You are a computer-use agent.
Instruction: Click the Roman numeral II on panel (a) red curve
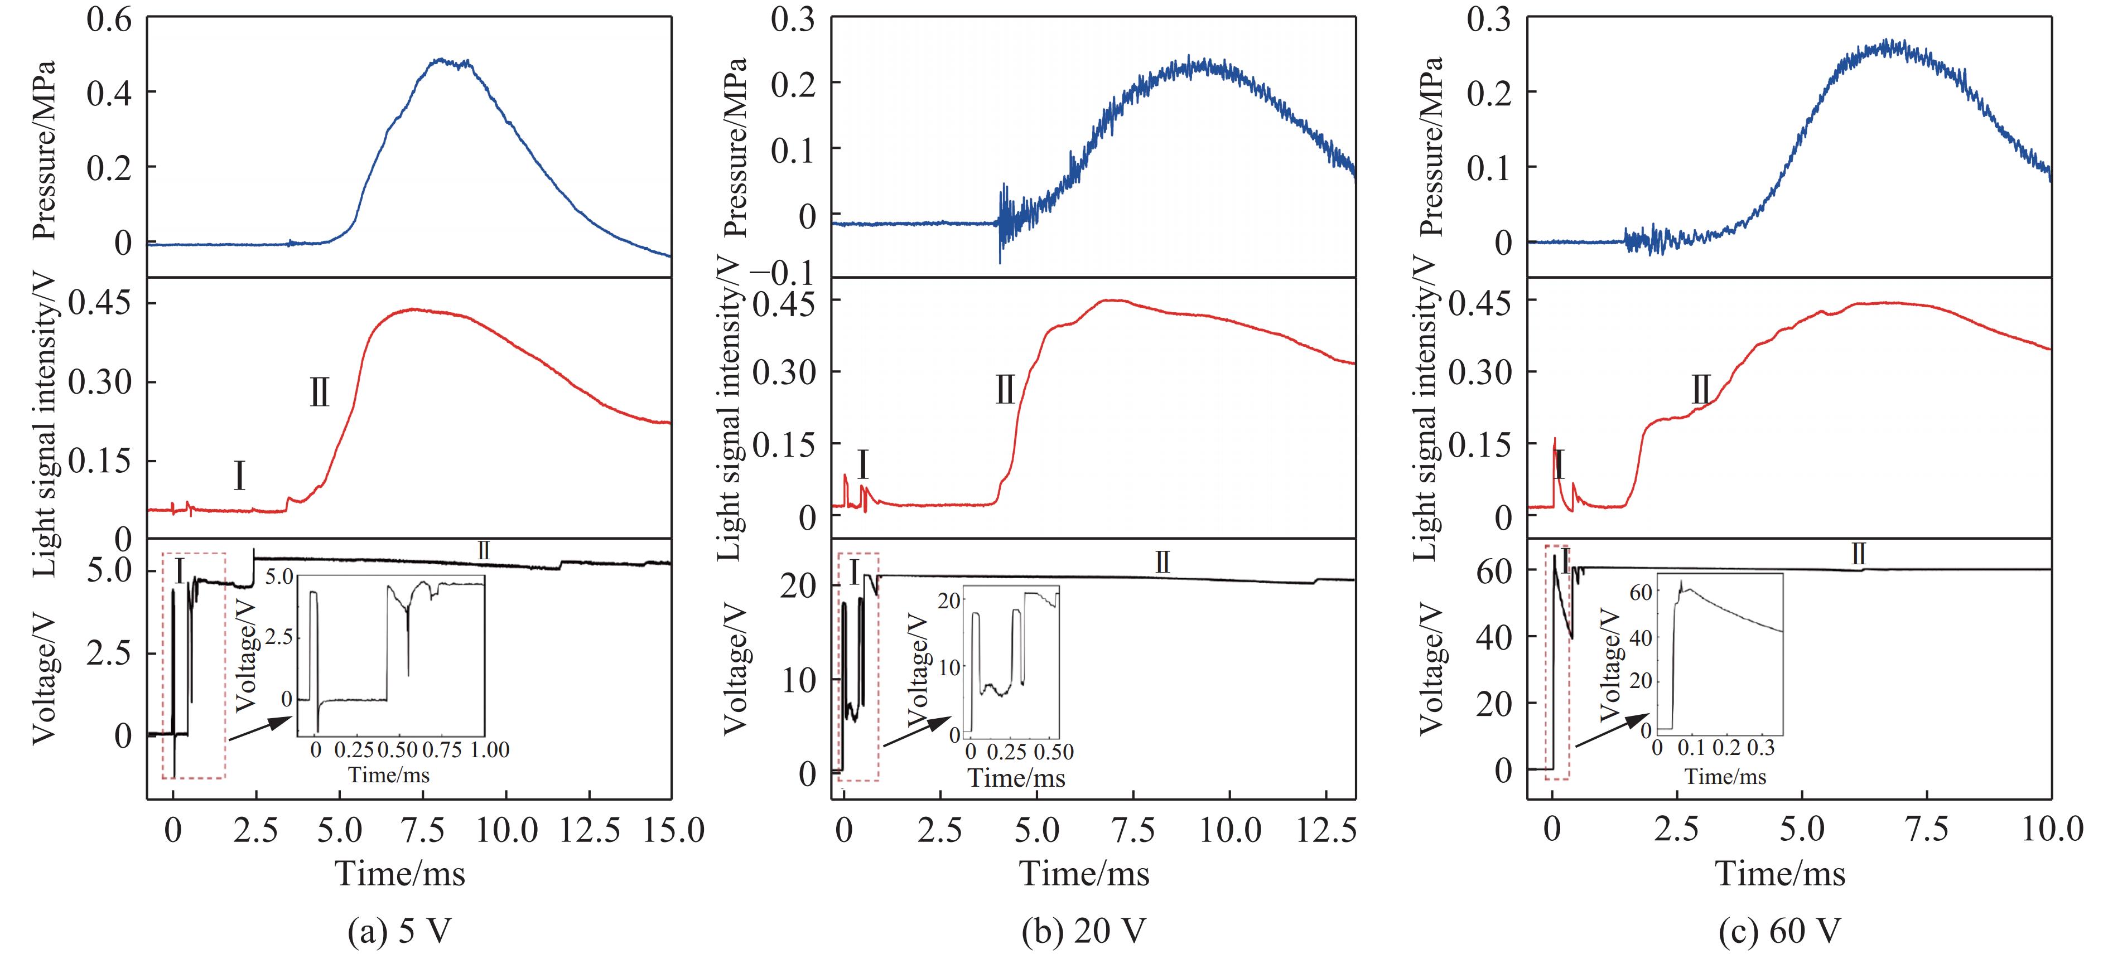319,394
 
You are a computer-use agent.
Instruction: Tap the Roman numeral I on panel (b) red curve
862,464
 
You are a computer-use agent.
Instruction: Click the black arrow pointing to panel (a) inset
261,728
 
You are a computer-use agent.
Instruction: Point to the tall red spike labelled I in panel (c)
1554,442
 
